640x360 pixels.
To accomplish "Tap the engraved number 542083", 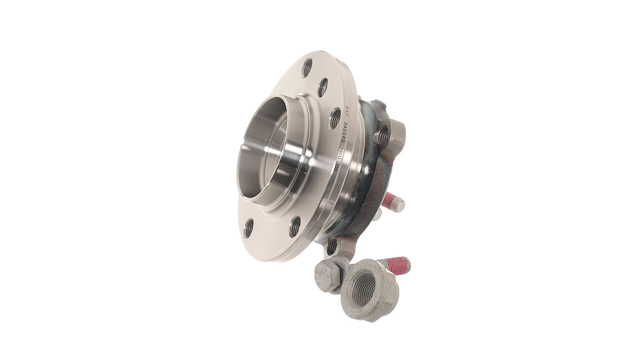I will [344, 134].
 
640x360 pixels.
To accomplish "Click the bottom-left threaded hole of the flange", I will [248, 228].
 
